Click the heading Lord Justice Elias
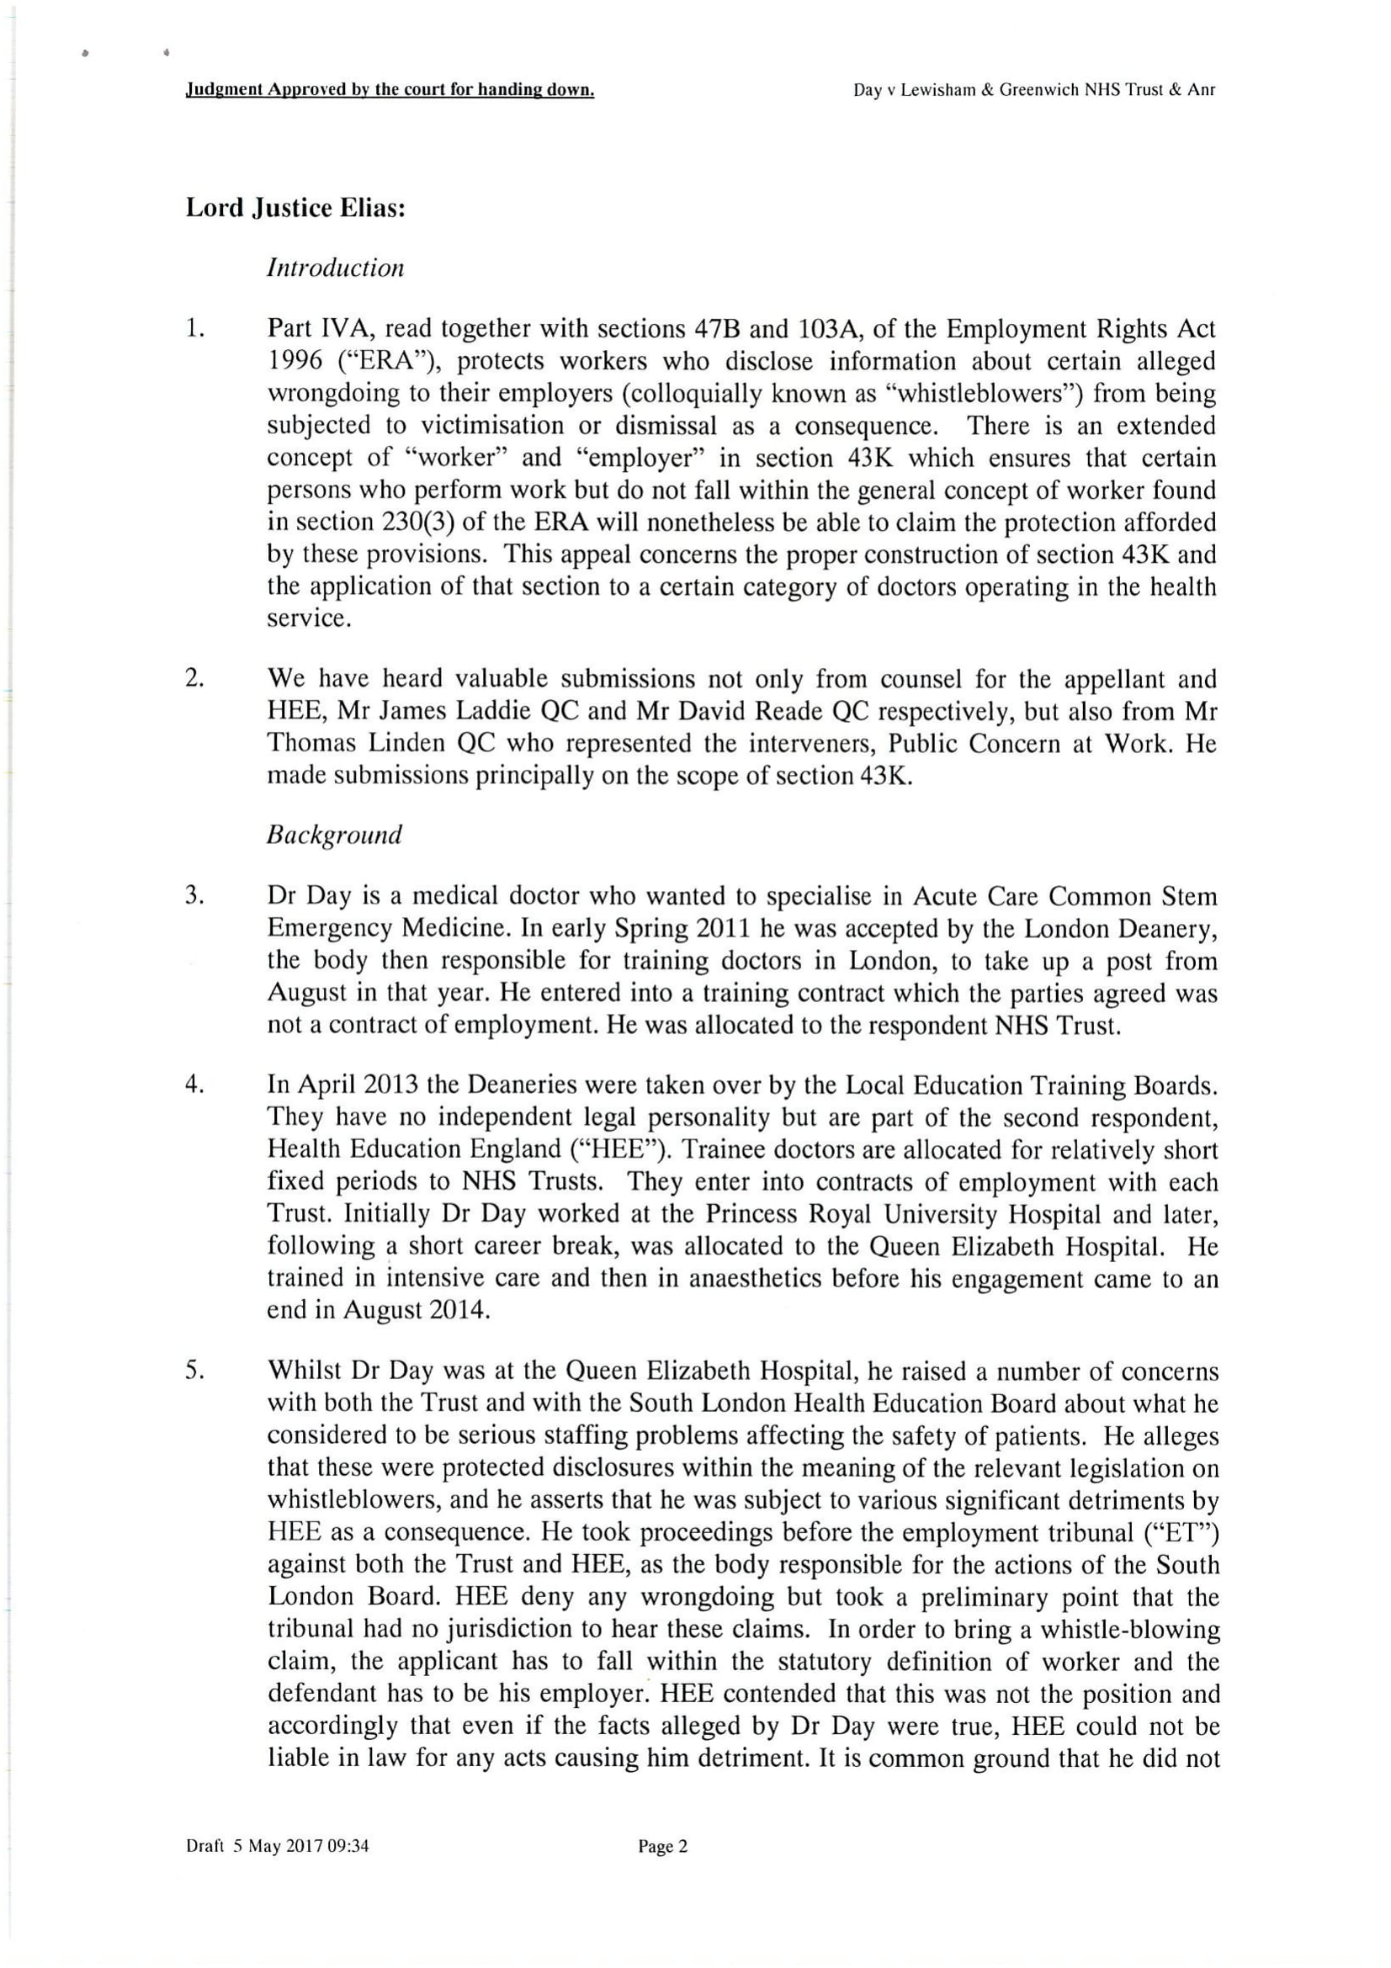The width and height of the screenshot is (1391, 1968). [x=295, y=210]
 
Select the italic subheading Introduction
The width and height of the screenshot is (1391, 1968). [x=335, y=268]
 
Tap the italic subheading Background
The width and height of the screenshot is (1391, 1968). [x=334, y=835]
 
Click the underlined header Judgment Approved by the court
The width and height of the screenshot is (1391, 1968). [x=390, y=90]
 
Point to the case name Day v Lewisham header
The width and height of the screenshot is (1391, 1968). [x=1033, y=90]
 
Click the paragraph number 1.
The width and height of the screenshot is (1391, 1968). [x=195, y=328]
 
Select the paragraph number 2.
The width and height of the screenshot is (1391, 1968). [x=194, y=678]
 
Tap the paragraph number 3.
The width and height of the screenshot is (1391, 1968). [x=194, y=896]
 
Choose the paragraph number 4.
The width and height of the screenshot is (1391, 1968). [x=194, y=1085]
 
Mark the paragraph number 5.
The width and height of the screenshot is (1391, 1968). [x=194, y=1371]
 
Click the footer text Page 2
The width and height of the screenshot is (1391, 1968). [x=662, y=1846]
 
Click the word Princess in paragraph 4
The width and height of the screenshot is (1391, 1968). [x=753, y=1214]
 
